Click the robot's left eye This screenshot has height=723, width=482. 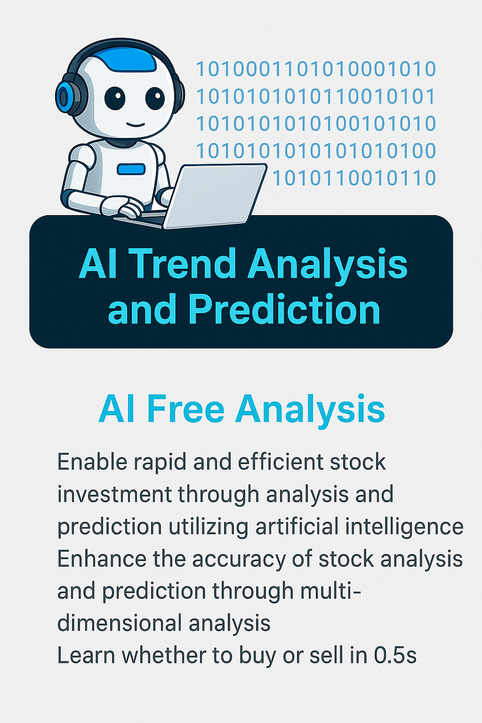pyautogui.click(x=114, y=98)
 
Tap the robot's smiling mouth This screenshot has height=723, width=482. pyautogui.click(x=136, y=124)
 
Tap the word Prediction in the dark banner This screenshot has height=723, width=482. pyautogui.click(x=284, y=310)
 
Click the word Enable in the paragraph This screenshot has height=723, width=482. pyautogui.click(x=92, y=462)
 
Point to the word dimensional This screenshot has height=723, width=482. pyautogui.click(x=120, y=623)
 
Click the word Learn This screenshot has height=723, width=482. pyautogui.click(x=86, y=655)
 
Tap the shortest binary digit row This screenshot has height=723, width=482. pyautogui.click(x=354, y=178)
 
